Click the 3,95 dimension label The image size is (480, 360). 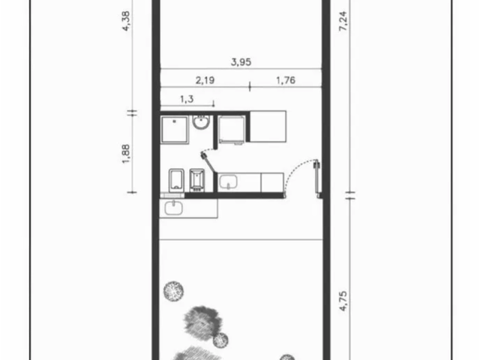pyautogui.click(x=241, y=61)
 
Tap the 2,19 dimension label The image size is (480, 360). pyautogui.click(x=205, y=80)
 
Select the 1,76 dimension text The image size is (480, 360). pyautogui.click(x=286, y=80)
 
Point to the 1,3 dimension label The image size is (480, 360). pyautogui.click(x=187, y=99)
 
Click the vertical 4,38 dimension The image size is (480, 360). pyautogui.click(x=126, y=21)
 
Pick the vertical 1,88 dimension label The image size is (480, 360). pyautogui.click(x=126, y=154)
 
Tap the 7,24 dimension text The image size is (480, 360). pyautogui.click(x=343, y=21)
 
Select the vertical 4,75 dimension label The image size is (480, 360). pyautogui.click(x=343, y=301)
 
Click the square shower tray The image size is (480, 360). pyautogui.click(x=175, y=130)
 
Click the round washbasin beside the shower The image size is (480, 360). pyautogui.click(x=201, y=122)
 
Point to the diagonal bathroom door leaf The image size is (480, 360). pyautogui.click(x=208, y=163)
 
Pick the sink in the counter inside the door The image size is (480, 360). pyautogui.click(x=228, y=181)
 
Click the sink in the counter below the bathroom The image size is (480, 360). pyautogui.click(x=174, y=208)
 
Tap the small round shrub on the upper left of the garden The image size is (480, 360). pyautogui.click(x=173, y=291)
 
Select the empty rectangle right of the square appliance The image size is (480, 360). pyautogui.click(x=268, y=127)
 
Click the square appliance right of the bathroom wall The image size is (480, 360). pyautogui.click(x=232, y=129)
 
